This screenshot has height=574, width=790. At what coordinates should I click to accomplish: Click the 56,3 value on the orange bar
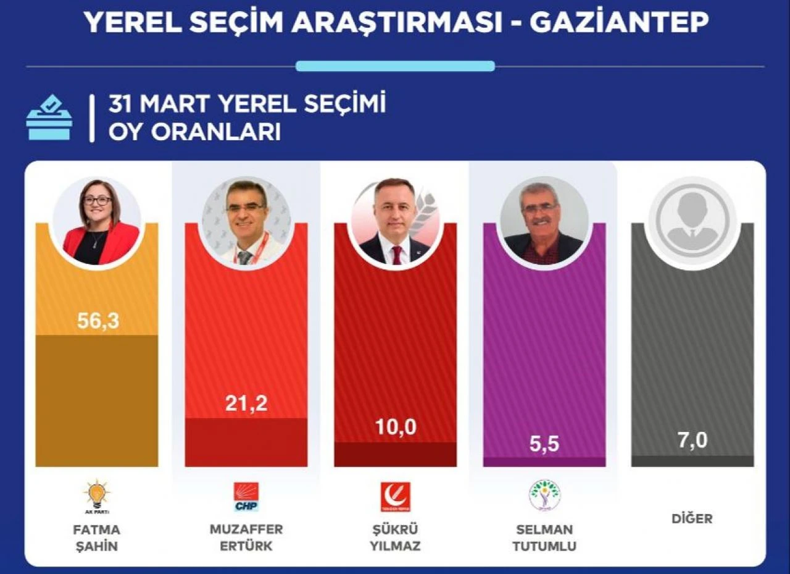click(98, 321)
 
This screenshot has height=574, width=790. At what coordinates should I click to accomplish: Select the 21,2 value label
click(246, 403)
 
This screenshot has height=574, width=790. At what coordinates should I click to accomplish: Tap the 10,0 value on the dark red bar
click(395, 428)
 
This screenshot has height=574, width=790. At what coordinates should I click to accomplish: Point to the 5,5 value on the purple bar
click(544, 443)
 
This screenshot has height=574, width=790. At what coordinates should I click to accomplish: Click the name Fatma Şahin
click(97, 538)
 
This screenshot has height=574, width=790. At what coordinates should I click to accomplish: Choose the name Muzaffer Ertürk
click(246, 538)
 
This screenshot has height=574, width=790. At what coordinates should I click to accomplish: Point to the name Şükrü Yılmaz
click(395, 538)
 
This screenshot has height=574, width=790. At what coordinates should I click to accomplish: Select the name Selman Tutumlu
click(544, 538)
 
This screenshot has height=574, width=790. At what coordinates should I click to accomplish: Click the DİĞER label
click(692, 518)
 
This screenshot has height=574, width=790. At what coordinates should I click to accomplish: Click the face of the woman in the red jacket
click(98, 201)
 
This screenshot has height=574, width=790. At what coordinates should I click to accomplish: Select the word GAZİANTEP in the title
click(619, 23)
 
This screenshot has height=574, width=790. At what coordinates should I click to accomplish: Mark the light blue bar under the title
click(395, 66)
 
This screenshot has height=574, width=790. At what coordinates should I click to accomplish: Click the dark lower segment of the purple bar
click(544, 462)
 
